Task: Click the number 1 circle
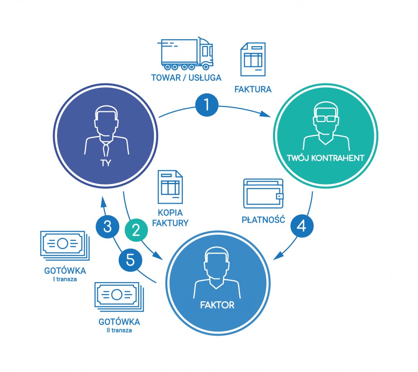click(x=207, y=105)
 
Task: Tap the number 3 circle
click(x=107, y=227)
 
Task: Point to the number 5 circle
click(x=130, y=260)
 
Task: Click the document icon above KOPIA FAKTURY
click(x=170, y=187)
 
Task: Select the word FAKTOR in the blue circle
click(x=218, y=304)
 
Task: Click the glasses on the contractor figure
click(x=326, y=119)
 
